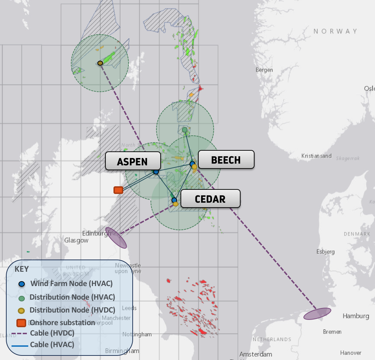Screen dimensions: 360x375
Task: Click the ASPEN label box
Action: coord(133,161)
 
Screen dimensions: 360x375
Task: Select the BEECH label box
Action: coord(226,160)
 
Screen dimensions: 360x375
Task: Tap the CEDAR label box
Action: coord(210,199)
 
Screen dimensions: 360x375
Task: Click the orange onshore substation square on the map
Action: coord(118,190)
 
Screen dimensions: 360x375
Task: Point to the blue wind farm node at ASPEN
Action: coord(156,172)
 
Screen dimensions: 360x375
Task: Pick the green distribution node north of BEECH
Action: coord(185,130)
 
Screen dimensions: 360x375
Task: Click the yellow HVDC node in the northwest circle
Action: coord(100,63)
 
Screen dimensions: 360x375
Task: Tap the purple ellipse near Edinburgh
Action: coord(116,238)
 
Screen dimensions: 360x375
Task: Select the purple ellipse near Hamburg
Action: coord(317,314)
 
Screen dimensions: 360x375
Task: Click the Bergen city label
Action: coord(264,70)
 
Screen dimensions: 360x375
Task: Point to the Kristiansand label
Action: coord(316,156)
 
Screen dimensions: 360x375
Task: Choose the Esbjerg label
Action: coord(325,252)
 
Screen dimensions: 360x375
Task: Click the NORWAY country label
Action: coord(335,31)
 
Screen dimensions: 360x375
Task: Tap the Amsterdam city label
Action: coord(256,354)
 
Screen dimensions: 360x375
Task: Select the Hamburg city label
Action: coord(355,316)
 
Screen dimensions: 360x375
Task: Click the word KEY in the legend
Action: coord(22,269)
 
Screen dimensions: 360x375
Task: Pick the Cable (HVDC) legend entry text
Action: coord(52,333)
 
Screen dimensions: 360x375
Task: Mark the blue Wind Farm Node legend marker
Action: coord(22,284)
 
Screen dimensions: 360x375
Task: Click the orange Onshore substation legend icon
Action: coord(22,323)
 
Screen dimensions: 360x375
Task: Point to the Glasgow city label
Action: coord(76,240)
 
